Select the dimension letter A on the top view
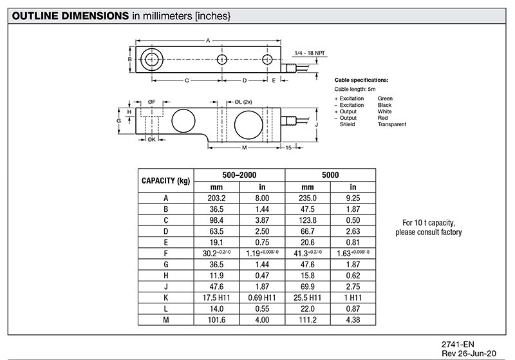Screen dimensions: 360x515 click(207, 40)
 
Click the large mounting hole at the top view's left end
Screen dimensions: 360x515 click(152, 60)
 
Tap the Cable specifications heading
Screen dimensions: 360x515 click(361, 79)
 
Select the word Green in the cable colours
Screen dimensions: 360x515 click(385, 99)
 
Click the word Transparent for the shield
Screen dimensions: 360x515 click(392, 124)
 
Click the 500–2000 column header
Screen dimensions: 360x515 click(239, 175)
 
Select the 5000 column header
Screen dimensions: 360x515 click(330, 175)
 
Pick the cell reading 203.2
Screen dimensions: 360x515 click(217, 198)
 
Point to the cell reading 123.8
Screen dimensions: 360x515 click(307, 220)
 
